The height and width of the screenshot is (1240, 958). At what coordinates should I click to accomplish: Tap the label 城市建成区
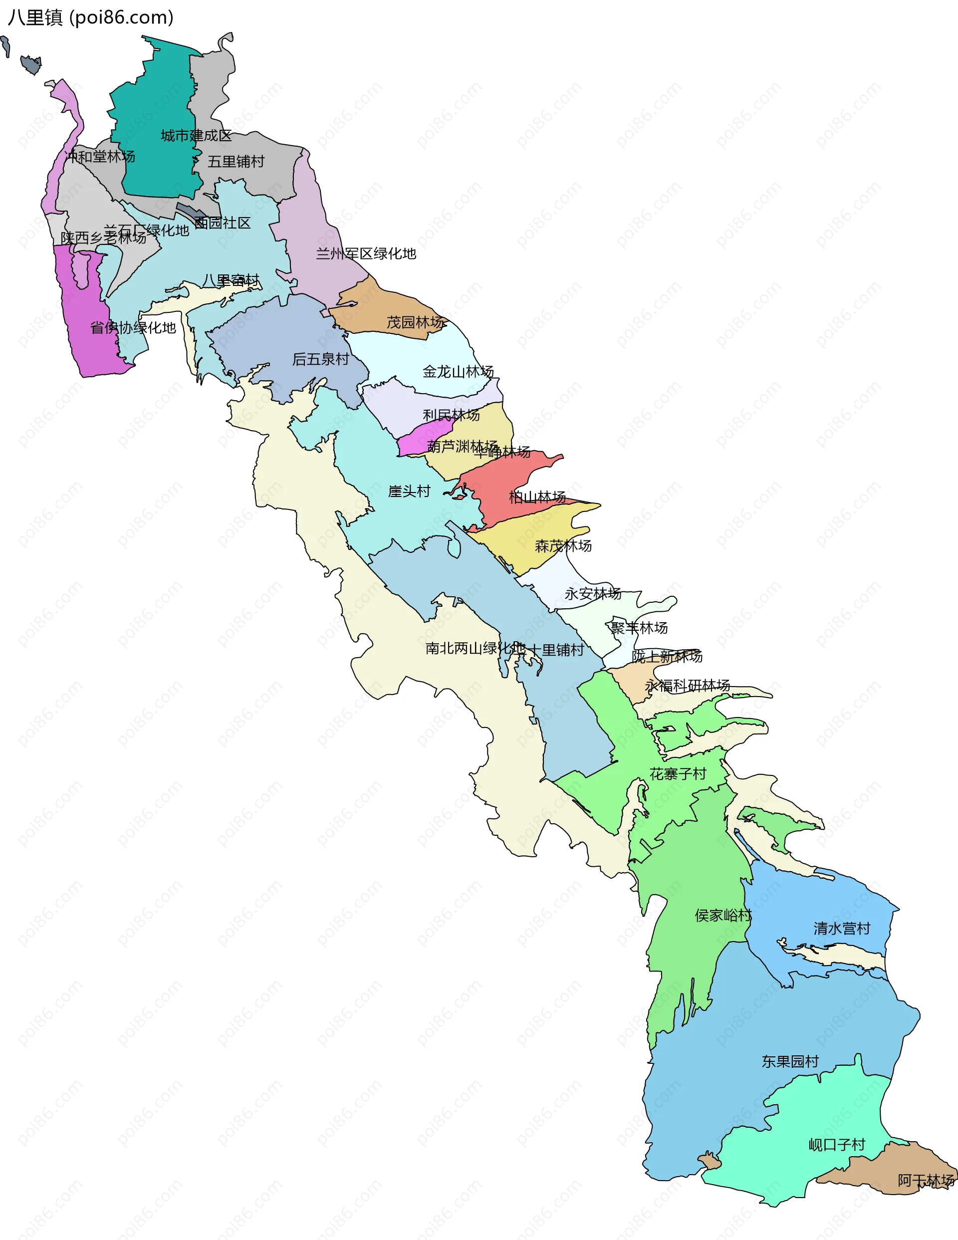point(196,136)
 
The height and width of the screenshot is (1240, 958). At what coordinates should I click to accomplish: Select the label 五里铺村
point(236,162)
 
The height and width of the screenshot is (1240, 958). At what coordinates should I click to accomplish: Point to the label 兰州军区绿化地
point(366,254)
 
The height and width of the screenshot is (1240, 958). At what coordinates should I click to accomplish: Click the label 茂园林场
point(415,322)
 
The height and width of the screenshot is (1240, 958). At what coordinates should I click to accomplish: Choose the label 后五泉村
point(320,359)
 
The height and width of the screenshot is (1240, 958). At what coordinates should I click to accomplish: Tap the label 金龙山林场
point(458,372)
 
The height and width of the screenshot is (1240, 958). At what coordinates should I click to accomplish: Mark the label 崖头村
point(409,491)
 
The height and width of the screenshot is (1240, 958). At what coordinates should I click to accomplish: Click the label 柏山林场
point(537,497)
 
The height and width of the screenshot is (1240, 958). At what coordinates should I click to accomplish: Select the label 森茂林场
point(563,546)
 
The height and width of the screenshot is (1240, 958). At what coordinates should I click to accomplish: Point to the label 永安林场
point(592,594)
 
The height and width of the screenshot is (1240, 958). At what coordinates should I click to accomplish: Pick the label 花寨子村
point(678,774)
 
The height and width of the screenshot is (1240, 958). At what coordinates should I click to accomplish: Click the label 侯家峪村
point(723,915)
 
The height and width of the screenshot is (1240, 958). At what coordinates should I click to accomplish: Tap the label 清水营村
point(842,928)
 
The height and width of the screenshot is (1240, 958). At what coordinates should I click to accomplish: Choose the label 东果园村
point(790,1062)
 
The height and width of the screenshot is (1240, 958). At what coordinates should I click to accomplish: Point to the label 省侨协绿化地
point(133,328)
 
